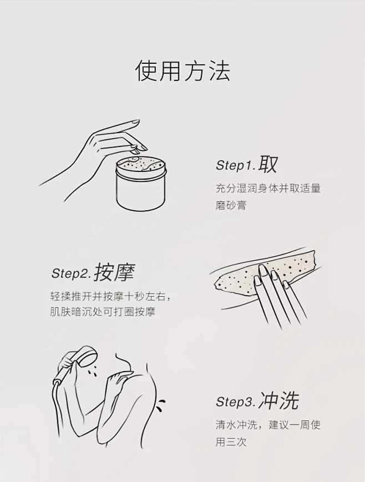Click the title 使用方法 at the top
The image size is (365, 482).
[182, 71]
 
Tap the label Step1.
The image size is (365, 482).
[236, 165]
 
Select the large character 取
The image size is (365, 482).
[268, 164]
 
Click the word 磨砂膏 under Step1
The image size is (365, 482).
[231, 205]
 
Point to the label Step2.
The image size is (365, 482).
[71, 273]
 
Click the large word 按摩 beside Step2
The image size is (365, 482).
[114, 272]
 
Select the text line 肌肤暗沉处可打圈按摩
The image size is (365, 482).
[103, 312]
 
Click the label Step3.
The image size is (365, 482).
[236, 402]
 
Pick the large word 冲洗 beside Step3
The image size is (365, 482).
[278, 400]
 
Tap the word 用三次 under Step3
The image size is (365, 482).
[231, 442]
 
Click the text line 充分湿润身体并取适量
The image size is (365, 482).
[268, 188]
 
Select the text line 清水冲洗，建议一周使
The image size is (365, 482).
[268, 424]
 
